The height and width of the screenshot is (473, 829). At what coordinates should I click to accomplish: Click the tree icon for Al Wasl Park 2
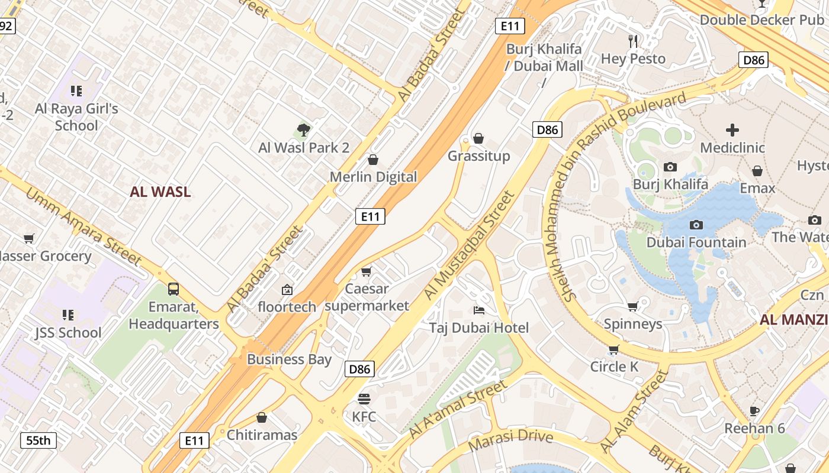click(304, 129)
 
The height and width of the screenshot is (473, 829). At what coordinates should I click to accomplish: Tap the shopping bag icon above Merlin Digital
click(373, 160)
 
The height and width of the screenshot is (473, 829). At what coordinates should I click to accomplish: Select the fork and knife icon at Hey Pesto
click(634, 41)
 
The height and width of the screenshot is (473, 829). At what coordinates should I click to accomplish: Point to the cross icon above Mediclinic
click(732, 130)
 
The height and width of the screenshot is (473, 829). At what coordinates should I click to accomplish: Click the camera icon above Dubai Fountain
click(696, 225)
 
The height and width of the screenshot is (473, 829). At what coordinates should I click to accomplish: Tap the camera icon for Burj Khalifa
click(670, 167)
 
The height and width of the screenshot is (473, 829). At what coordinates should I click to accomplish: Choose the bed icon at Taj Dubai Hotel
click(479, 310)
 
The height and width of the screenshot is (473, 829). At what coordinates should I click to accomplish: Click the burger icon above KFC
click(364, 399)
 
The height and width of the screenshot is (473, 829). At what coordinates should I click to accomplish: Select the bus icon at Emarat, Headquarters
click(173, 289)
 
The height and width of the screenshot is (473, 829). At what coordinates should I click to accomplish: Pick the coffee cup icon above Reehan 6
click(754, 410)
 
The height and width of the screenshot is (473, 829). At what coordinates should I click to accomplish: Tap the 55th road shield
click(38, 440)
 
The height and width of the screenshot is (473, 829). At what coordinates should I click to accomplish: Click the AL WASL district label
click(160, 192)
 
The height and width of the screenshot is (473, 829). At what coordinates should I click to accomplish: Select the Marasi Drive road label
click(510, 439)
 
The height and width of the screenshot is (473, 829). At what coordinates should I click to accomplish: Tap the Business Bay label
click(289, 359)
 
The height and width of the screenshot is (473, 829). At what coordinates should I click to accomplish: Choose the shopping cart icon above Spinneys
click(632, 306)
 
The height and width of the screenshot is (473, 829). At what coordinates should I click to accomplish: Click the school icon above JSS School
click(68, 315)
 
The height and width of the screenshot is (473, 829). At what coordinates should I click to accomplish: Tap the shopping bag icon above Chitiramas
click(262, 417)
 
